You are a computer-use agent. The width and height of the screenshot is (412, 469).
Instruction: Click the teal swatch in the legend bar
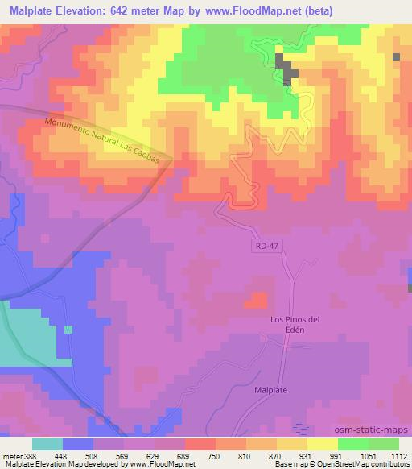(47, 444)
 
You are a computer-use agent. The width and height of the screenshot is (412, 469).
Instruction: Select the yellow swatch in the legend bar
(323, 444)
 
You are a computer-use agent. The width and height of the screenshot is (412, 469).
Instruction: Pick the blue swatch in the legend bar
(78, 444)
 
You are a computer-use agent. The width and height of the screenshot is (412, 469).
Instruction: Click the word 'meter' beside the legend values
(12, 455)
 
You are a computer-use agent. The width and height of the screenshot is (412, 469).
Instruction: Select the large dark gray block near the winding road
(286, 68)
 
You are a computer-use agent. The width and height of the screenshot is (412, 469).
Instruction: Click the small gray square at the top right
(397, 57)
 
